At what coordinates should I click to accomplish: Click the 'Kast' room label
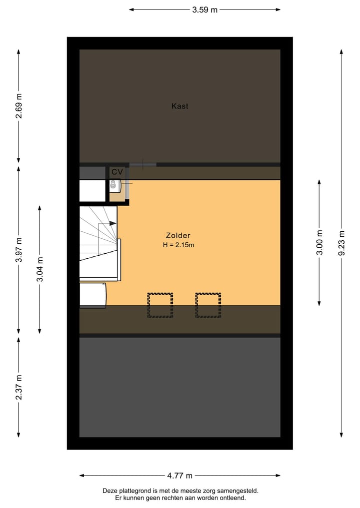(179, 106)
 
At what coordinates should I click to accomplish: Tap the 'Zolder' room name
(178, 236)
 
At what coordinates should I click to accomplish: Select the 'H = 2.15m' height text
(178, 245)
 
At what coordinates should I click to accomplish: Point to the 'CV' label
(117, 172)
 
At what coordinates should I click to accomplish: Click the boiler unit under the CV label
(114, 185)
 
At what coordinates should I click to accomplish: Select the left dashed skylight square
(160, 305)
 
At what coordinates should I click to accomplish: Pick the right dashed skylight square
(208, 305)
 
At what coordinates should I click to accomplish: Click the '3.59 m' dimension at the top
(204, 9)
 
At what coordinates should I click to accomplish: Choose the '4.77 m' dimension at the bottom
(179, 476)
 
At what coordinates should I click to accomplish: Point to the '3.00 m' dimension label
(319, 242)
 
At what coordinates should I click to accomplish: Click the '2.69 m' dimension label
(18, 106)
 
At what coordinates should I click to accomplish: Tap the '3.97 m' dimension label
(18, 250)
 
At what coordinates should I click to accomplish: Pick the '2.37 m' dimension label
(18, 387)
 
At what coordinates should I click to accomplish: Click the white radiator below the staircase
(93, 295)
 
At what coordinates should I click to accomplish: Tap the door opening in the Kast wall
(142, 164)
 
